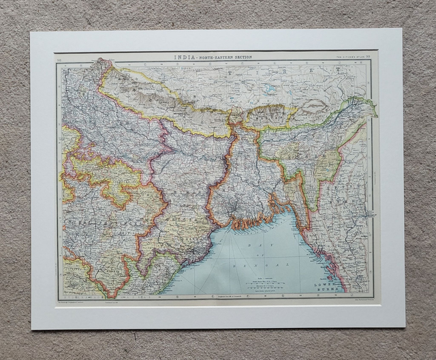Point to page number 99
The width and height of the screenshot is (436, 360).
pyautogui.click(x=369, y=57)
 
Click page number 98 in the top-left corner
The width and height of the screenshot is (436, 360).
pyautogui.click(x=60, y=61)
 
